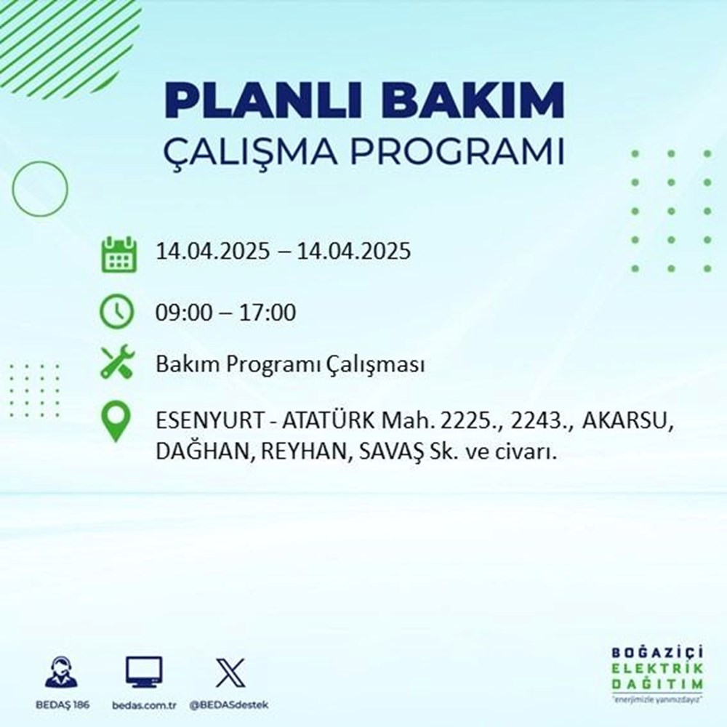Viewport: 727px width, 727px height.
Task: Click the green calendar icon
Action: click(x=117, y=253)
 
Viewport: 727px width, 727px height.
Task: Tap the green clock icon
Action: click(x=117, y=313)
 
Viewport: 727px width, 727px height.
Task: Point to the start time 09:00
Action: click(x=181, y=313)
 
